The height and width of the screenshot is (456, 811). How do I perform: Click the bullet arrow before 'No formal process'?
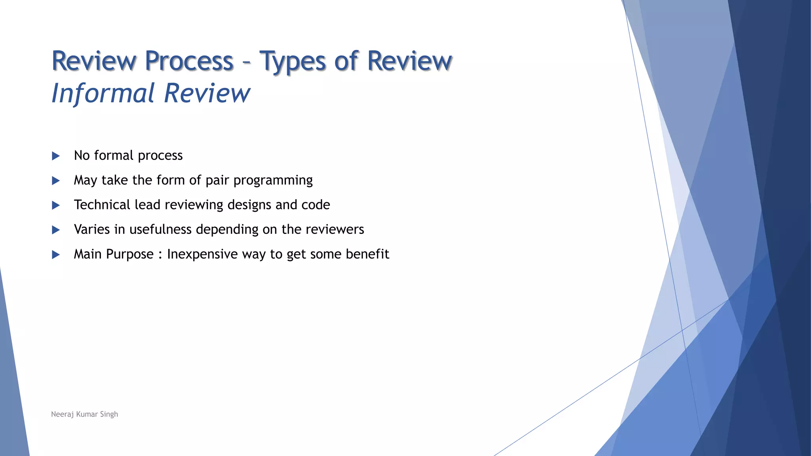click(x=56, y=156)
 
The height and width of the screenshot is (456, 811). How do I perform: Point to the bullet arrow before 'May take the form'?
click(x=56, y=180)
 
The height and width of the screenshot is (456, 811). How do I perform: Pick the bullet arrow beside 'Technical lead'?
click(x=56, y=205)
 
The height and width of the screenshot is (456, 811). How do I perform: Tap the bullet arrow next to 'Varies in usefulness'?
click(x=56, y=230)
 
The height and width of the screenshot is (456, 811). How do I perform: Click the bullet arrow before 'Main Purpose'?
click(x=56, y=255)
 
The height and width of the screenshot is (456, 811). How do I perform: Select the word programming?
click(x=273, y=181)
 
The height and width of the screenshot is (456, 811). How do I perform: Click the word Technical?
click(x=102, y=205)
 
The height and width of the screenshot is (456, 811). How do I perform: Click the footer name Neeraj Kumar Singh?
click(x=84, y=414)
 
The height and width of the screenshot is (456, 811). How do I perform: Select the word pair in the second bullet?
click(x=217, y=181)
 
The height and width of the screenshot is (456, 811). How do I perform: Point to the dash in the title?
click(x=246, y=63)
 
